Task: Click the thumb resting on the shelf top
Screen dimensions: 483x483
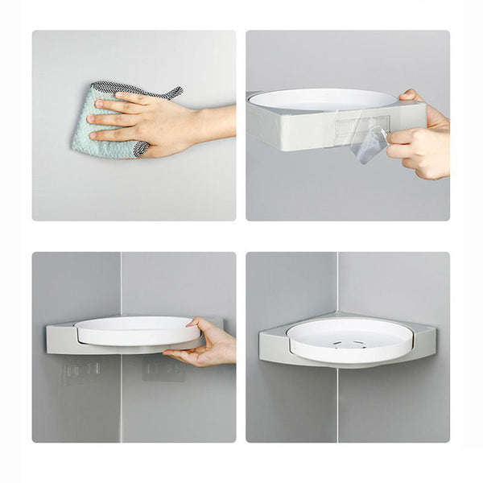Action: [x=411, y=96]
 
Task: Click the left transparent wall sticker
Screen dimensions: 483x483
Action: [x=83, y=371]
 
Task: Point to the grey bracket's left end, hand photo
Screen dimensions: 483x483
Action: [x=55, y=338]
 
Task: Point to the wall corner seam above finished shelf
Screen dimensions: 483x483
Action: [x=338, y=282]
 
